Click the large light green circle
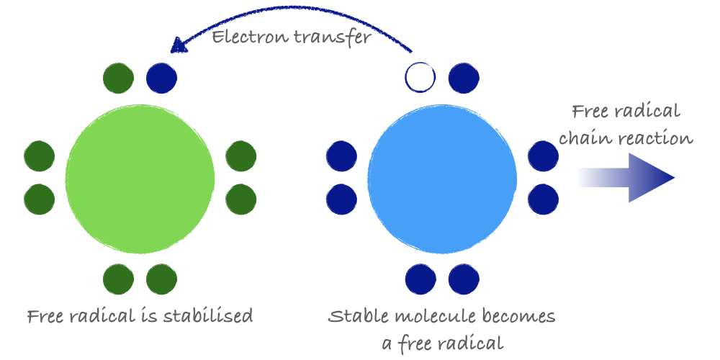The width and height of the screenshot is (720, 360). coord(140,179)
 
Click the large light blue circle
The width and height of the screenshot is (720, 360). coord(442,179)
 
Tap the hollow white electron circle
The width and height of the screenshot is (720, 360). coord(420,78)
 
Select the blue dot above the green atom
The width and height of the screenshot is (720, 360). coord(161,78)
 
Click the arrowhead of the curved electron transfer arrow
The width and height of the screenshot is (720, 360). coord(177,45)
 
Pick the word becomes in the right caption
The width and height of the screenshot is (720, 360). coord(521,316)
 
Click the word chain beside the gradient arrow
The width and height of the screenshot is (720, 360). coord(582,138)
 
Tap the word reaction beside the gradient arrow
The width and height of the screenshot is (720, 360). coord(652,138)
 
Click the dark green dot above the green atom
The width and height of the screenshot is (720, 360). coord(119,78)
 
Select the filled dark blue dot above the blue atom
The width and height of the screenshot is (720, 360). coord(464,78)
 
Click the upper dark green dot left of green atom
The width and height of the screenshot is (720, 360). coord(39,156)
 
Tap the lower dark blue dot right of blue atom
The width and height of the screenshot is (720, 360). coord(543,199)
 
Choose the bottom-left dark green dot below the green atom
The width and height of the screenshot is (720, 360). coord(119,279)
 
